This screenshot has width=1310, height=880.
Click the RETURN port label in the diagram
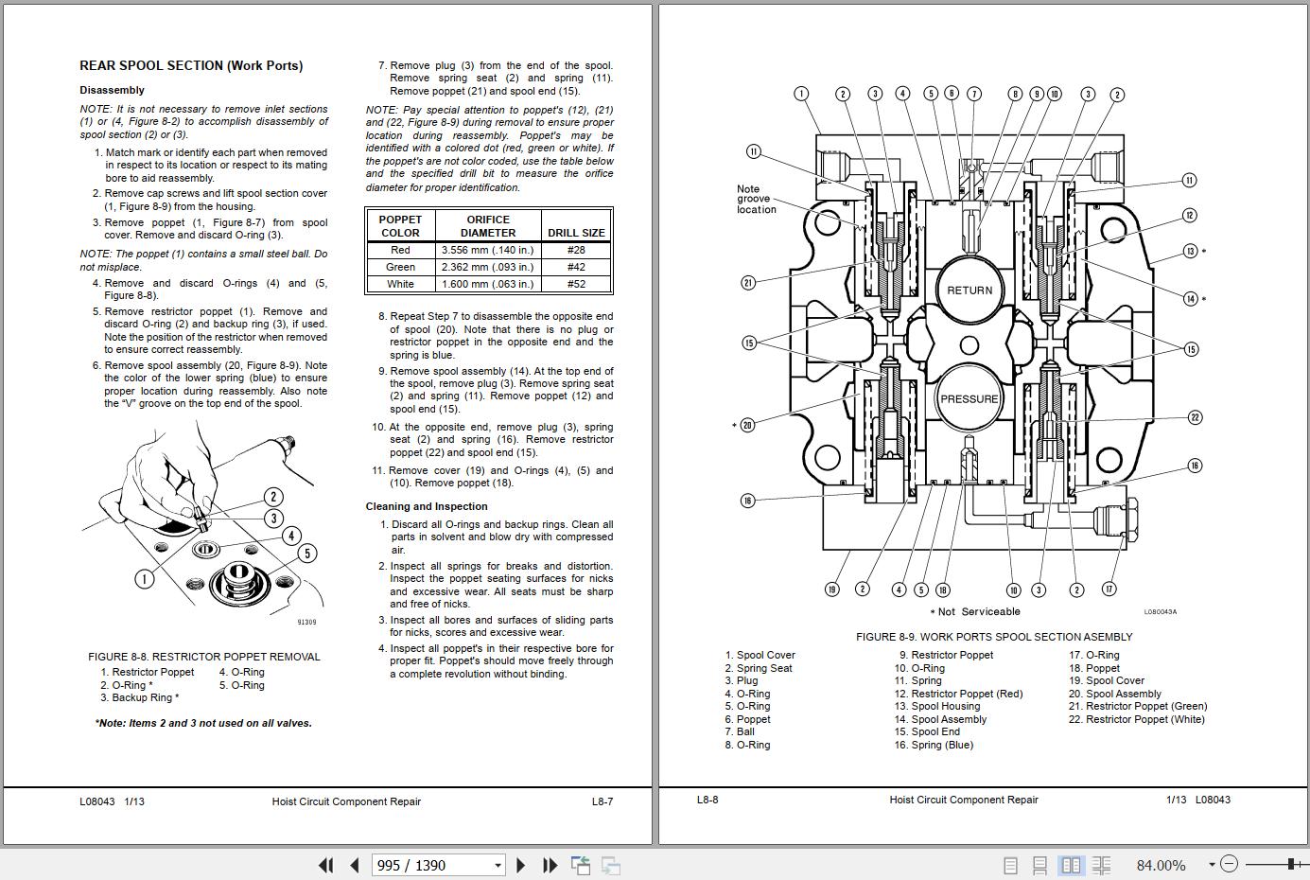(969, 290)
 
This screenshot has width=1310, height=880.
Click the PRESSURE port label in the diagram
(969, 398)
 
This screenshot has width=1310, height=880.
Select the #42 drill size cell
(575, 267)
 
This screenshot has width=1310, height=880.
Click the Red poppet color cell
(400, 250)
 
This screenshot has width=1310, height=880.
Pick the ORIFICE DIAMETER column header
(488, 225)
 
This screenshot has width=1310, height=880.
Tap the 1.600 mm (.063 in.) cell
(487, 284)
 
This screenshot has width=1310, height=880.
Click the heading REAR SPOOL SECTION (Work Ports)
(191, 65)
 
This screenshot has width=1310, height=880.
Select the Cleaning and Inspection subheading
(427, 506)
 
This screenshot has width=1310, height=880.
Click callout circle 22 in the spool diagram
(1195, 417)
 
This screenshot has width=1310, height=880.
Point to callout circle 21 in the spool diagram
(748, 282)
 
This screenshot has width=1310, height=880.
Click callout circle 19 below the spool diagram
(831, 590)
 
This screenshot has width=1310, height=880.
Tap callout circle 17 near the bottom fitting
(1109, 589)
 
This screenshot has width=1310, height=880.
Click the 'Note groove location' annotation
(756, 199)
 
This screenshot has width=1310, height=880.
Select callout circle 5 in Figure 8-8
(306, 553)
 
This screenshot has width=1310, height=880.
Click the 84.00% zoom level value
(1161, 865)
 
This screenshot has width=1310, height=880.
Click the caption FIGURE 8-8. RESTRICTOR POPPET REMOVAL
(204, 656)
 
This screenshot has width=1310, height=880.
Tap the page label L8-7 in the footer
(603, 801)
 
